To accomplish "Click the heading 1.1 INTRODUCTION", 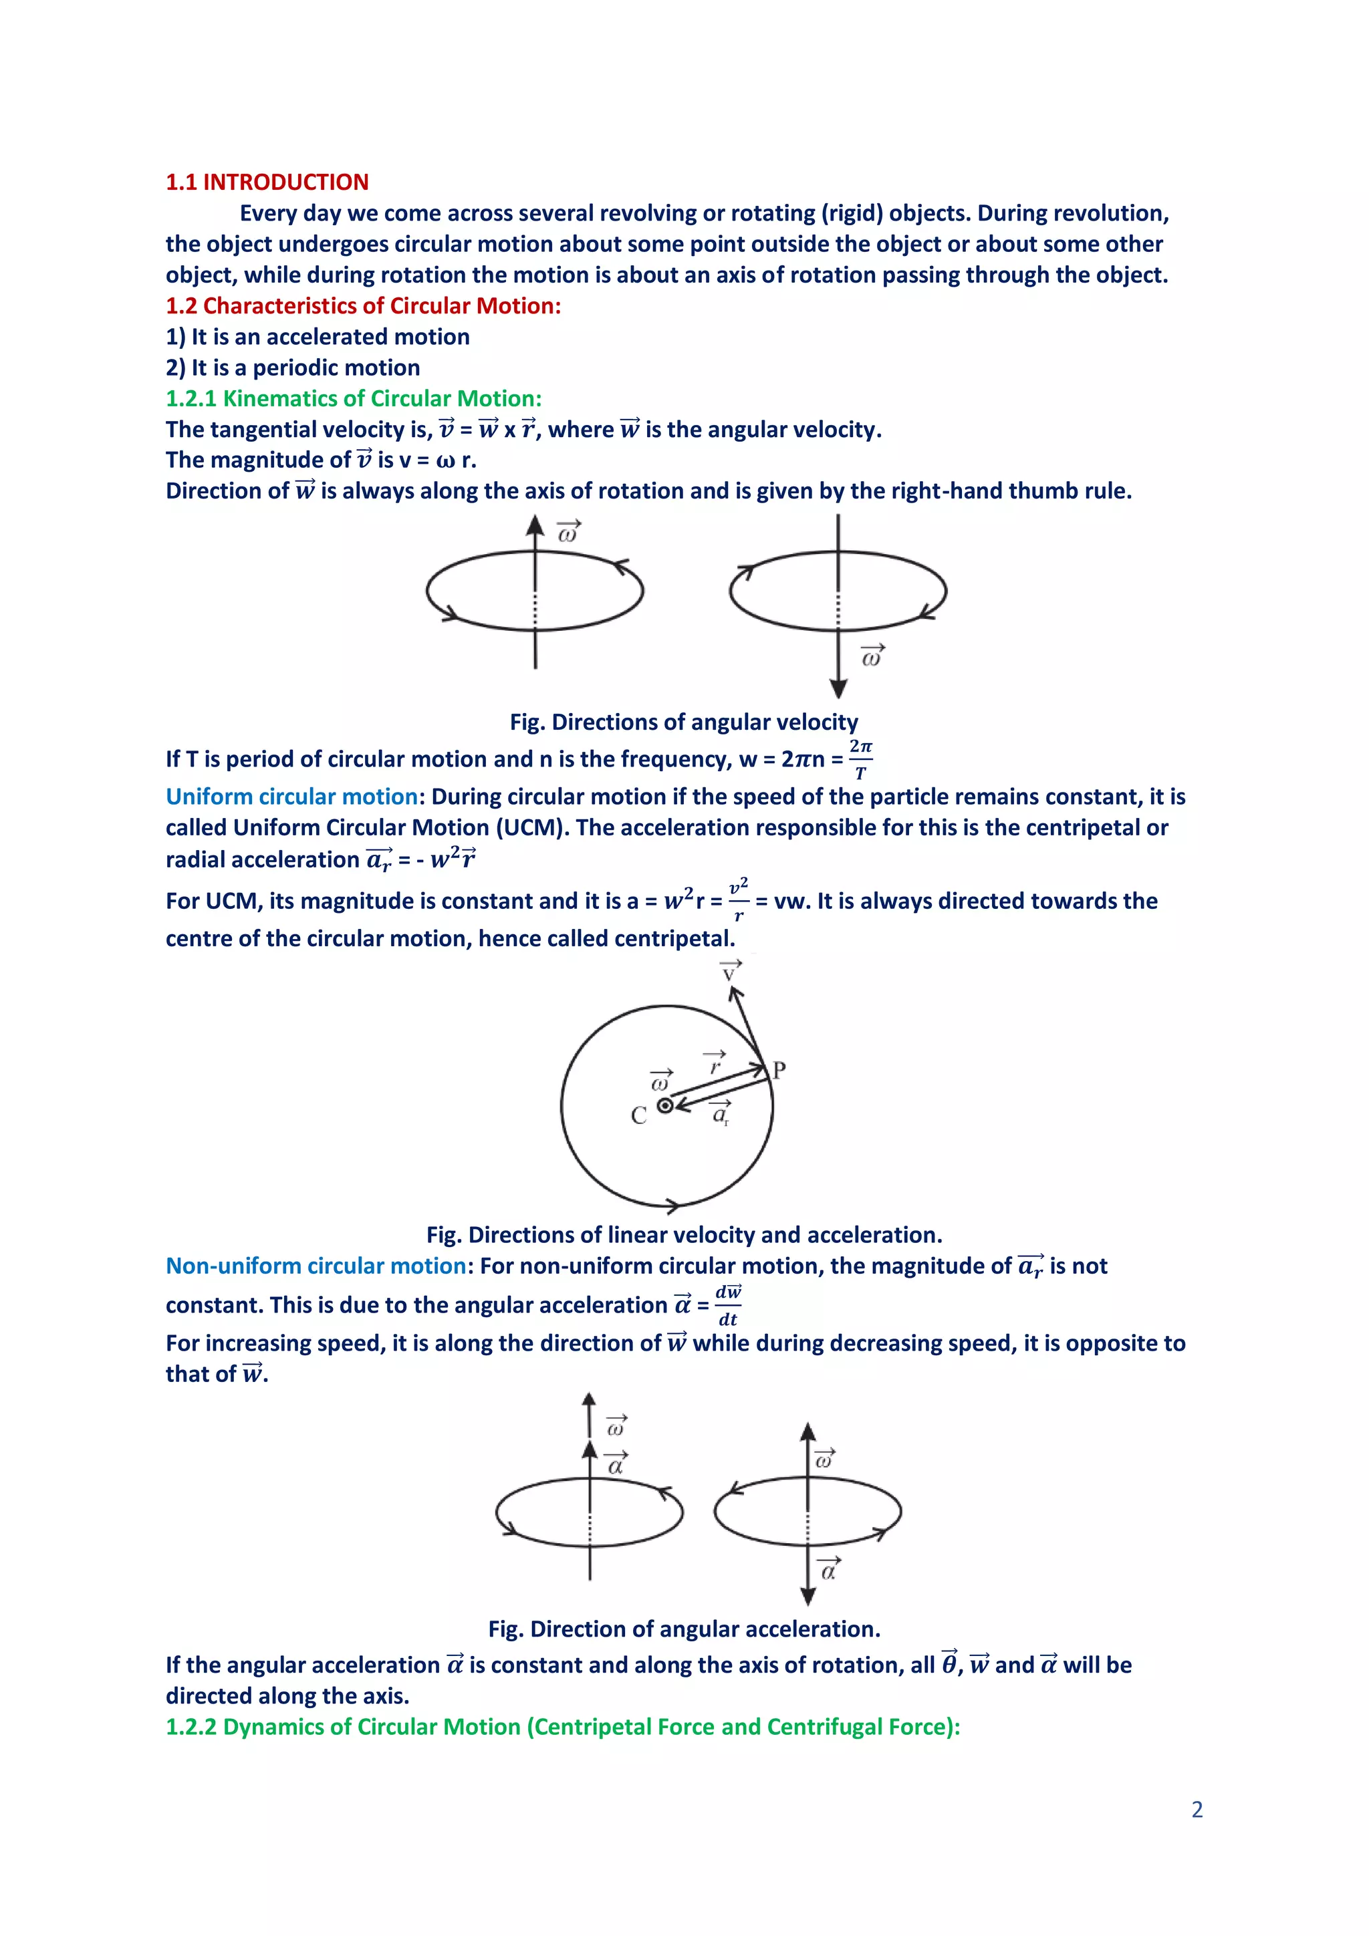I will (267, 182).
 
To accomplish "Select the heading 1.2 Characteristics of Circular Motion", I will (363, 305).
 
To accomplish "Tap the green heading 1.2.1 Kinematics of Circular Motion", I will (354, 398).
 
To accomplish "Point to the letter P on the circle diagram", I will (779, 1070).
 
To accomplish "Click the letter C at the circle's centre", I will (638, 1115).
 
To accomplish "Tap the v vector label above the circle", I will (730, 972).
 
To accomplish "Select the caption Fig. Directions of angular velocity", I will (683, 722).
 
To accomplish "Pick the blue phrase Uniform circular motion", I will (291, 796).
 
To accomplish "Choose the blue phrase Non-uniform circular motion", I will (316, 1266).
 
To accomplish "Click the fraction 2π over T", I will (860, 759).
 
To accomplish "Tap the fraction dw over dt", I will (727, 1305).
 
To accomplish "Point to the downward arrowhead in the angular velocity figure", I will (838, 689).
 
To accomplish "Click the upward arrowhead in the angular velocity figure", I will (535, 526).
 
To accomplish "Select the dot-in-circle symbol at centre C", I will (664, 1105).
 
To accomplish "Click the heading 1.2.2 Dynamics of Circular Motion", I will (563, 1726).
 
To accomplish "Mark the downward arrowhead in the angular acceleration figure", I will (807, 1597).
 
